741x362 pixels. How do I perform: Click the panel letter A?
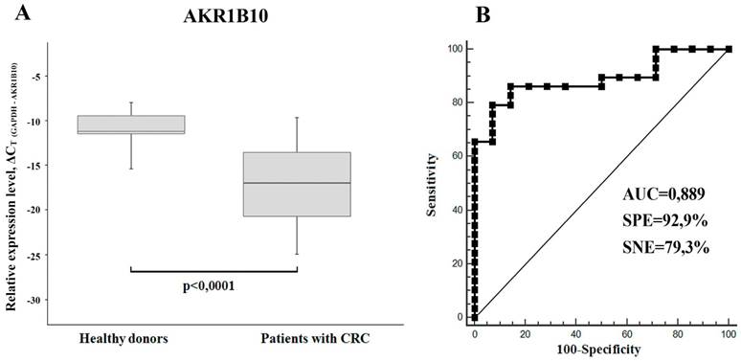point(13,13)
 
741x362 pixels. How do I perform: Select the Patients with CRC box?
point(297,184)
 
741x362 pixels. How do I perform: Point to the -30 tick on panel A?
point(64,300)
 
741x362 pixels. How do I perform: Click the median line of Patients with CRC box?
point(297,183)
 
